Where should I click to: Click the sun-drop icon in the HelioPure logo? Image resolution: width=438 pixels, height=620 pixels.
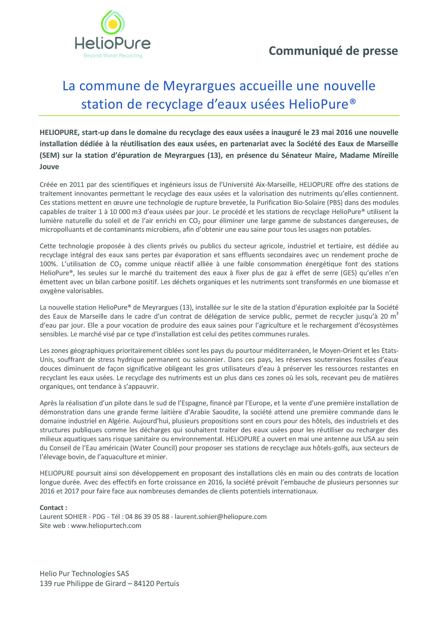pos(113,23)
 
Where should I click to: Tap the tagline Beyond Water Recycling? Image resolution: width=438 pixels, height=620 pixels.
pos(113,55)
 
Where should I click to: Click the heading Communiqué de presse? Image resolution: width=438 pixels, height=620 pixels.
pos(333,51)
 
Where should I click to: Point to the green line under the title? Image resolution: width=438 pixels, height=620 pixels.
pos(219,116)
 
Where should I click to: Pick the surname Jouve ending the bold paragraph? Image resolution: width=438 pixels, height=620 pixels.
pos(49,167)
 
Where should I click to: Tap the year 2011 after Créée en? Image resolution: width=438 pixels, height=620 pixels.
pos(77,185)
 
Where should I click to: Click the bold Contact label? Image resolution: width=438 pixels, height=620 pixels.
pos(53,508)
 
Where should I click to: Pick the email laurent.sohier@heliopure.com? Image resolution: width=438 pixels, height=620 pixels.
pos(220,517)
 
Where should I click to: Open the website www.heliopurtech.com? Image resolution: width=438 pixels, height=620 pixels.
pos(106,526)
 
